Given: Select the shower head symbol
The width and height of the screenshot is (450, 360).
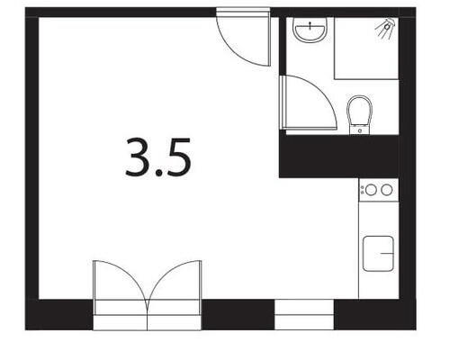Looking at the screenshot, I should (x=384, y=28).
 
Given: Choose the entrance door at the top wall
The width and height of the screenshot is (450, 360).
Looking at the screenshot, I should (x=243, y=36).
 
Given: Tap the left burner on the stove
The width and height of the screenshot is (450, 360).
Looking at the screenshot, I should (x=369, y=190).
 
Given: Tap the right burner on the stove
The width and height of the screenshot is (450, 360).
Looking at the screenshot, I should (x=386, y=190).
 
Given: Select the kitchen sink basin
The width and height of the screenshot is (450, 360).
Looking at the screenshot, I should (x=378, y=255).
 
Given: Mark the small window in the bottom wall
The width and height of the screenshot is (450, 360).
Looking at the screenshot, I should (x=303, y=314).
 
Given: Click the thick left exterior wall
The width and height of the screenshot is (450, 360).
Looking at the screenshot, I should (x=31, y=162).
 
